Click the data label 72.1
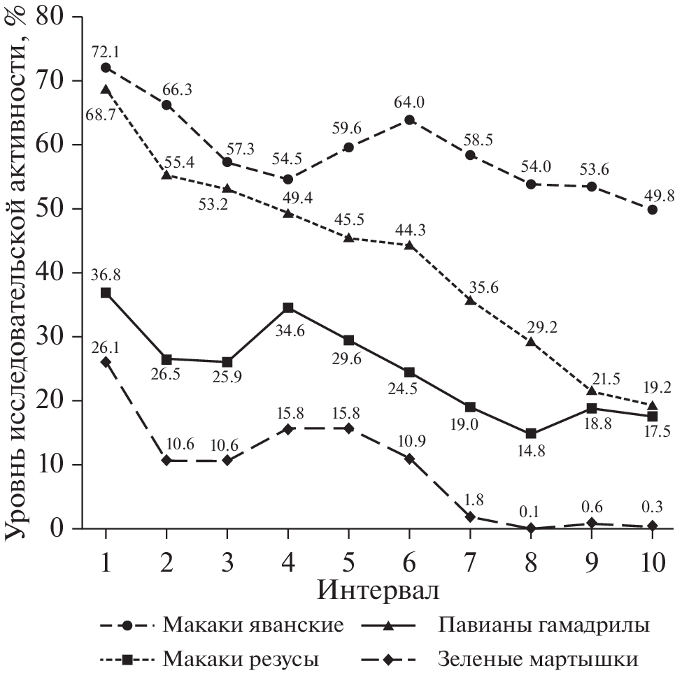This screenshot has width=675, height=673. pyautogui.click(x=105, y=52)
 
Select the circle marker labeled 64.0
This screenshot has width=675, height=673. pyautogui.click(x=409, y=120)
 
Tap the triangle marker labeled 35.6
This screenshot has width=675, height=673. pyautogui.click(x=470, y=301)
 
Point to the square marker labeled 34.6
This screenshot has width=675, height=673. pyautogui.click(x=287, y=307)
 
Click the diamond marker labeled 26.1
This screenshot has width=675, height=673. pyautogui.click(x=105, y=362)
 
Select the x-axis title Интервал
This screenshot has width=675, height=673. pyautogui.click(x=378, y=591)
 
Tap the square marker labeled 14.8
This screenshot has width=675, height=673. pyautogui.click(x=531, y=434)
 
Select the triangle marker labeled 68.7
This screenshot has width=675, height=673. pyautogui.click(x=105, y=89)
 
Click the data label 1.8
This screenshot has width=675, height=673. pyautogui.click(x=470, y=500)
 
